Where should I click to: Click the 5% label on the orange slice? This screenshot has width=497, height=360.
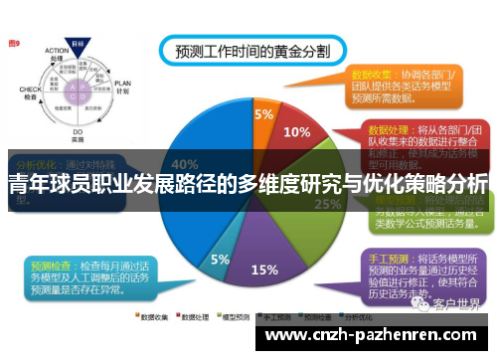click(x=262, y=114)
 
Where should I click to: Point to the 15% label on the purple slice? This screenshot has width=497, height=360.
click(x=264, y=269)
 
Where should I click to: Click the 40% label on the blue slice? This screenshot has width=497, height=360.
click(x=185, y=164)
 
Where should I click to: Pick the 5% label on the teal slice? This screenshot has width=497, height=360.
click(x=220, y=260)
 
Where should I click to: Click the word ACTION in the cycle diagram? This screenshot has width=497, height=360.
click(x=56, y=54)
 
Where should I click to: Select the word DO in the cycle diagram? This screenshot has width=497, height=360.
click(x=77, y=130)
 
